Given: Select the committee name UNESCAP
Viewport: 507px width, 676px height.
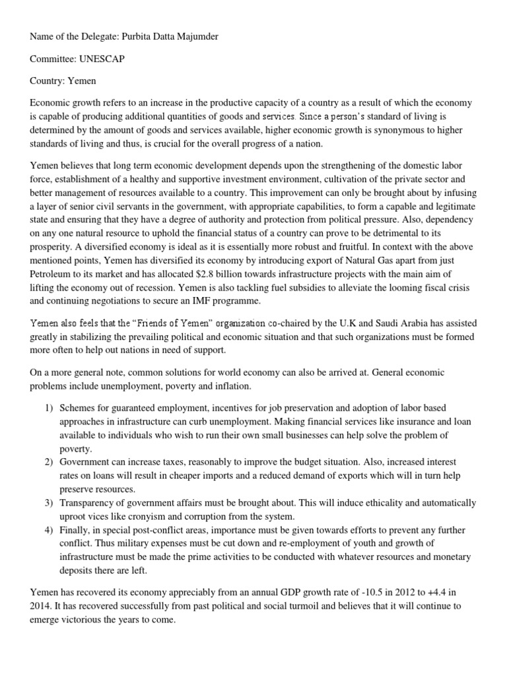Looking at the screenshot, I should point(102,58).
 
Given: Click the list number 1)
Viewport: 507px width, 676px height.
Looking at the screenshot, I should point(50,408).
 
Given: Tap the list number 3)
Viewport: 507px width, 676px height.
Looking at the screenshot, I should point(50,503).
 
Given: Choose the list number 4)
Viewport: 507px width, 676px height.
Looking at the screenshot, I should point(50,529).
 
